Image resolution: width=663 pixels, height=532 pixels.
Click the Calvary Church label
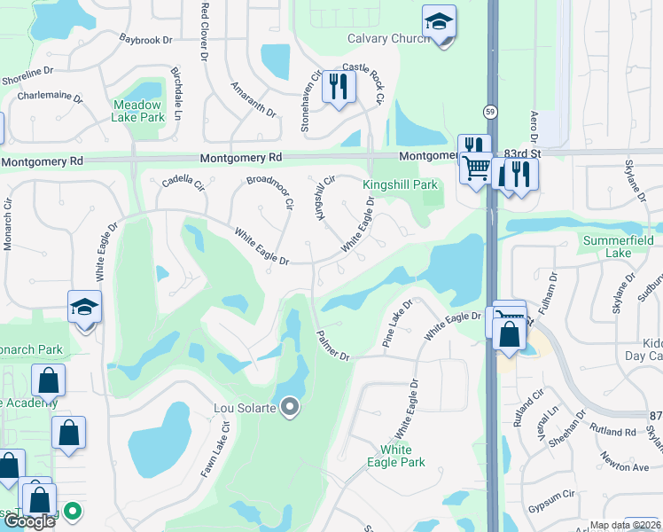point(388,38)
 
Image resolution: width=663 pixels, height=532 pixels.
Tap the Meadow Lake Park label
point(139,111)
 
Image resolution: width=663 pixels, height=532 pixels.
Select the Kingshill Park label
point(401,184)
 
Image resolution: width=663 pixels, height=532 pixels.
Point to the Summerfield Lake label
point(619,246)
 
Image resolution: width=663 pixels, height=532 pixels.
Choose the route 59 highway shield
point(490,111)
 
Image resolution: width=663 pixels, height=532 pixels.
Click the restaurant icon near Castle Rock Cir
point(338,86)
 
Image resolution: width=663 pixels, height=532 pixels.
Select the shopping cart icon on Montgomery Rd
point(477,167)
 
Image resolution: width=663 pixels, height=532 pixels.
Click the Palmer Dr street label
point(333,345)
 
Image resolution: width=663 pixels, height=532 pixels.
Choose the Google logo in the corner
point(28,521)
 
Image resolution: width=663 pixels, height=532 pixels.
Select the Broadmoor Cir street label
point(269,191)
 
